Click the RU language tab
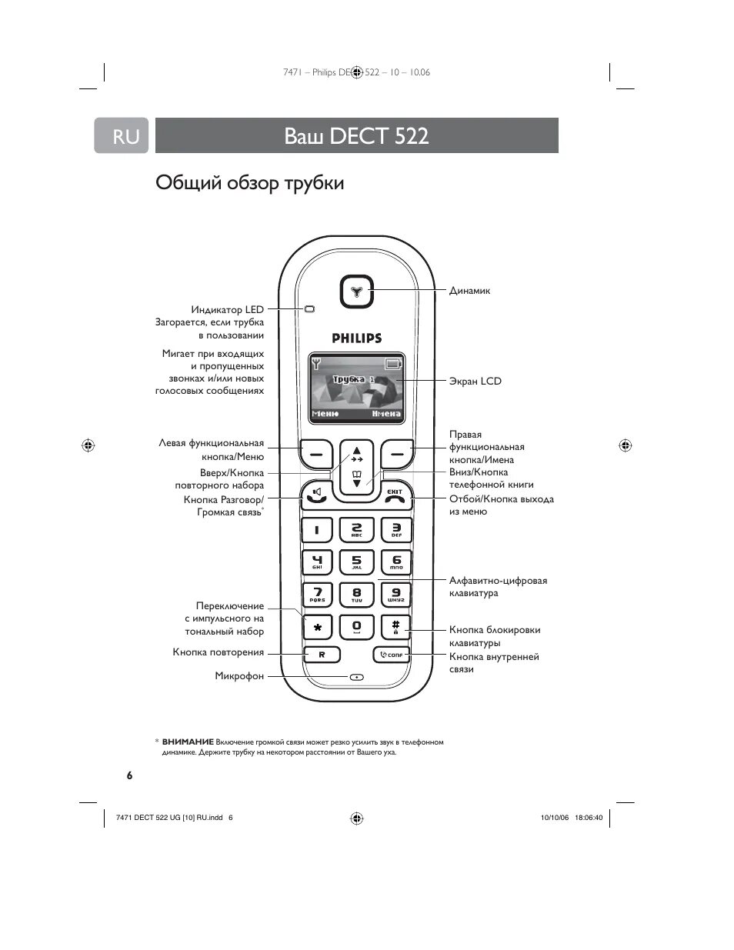click(122, 136)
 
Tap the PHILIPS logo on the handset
click(356, 338)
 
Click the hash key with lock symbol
click(395, 627)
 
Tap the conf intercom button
click(392, 655)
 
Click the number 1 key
click(316, 530)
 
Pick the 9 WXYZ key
click(395, 595)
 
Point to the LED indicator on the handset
click(310, 309)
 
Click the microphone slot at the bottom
click(356, 678)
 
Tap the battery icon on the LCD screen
click(394, 364)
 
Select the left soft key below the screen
click(316, 455)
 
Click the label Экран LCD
click(475, 381)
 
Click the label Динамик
click(469, 291)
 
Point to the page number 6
click(129, 775)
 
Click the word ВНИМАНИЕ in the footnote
click(188, 742)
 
